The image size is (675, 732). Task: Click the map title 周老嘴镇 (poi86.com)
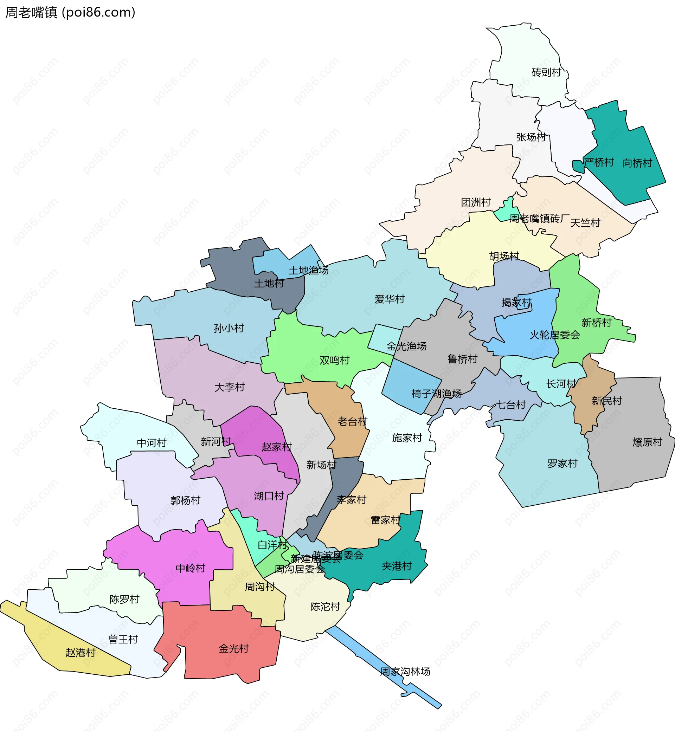click(70, 12)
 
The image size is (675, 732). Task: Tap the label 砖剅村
click(546, 72)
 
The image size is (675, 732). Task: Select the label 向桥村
click(637, 163)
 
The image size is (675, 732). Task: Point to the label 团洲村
click(476, 202)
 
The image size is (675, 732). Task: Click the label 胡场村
click(504, 256)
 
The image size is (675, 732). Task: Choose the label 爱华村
click(390, 299)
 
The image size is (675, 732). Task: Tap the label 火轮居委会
click(554, 335)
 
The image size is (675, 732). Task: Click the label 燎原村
click(647, 442)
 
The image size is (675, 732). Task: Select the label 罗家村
click(562, 464)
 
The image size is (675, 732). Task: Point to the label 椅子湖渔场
click(436, 394)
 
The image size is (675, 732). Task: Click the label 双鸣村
click(334, 360)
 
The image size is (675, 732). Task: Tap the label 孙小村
click(229, 328)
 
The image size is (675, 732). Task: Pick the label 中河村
click(151, 443)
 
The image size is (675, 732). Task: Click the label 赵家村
click(276, 447)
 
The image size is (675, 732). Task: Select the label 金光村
click(233, 649)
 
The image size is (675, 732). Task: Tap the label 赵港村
click(81, 653)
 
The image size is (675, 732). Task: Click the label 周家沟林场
click(405, 672)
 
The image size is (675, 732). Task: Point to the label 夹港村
click(396, 566)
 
